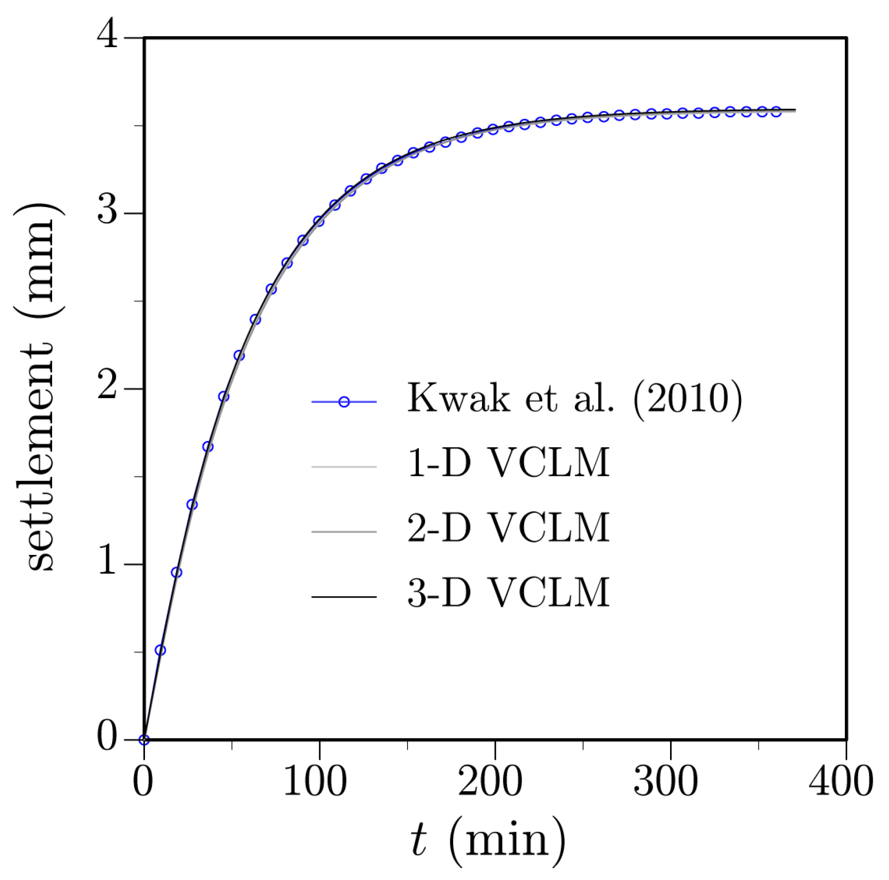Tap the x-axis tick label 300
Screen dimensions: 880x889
666,782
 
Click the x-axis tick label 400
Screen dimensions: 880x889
841,782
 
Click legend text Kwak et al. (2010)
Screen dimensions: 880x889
575,398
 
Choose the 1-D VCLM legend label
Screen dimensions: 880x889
508,463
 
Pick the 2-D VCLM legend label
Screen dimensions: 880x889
508,528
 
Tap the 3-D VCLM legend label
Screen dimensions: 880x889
508,593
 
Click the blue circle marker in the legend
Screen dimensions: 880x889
344,402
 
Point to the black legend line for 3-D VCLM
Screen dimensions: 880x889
344,597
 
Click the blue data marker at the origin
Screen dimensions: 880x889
144,740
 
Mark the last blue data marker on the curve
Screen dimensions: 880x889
776,112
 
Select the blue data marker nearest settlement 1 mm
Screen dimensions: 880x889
176,573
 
